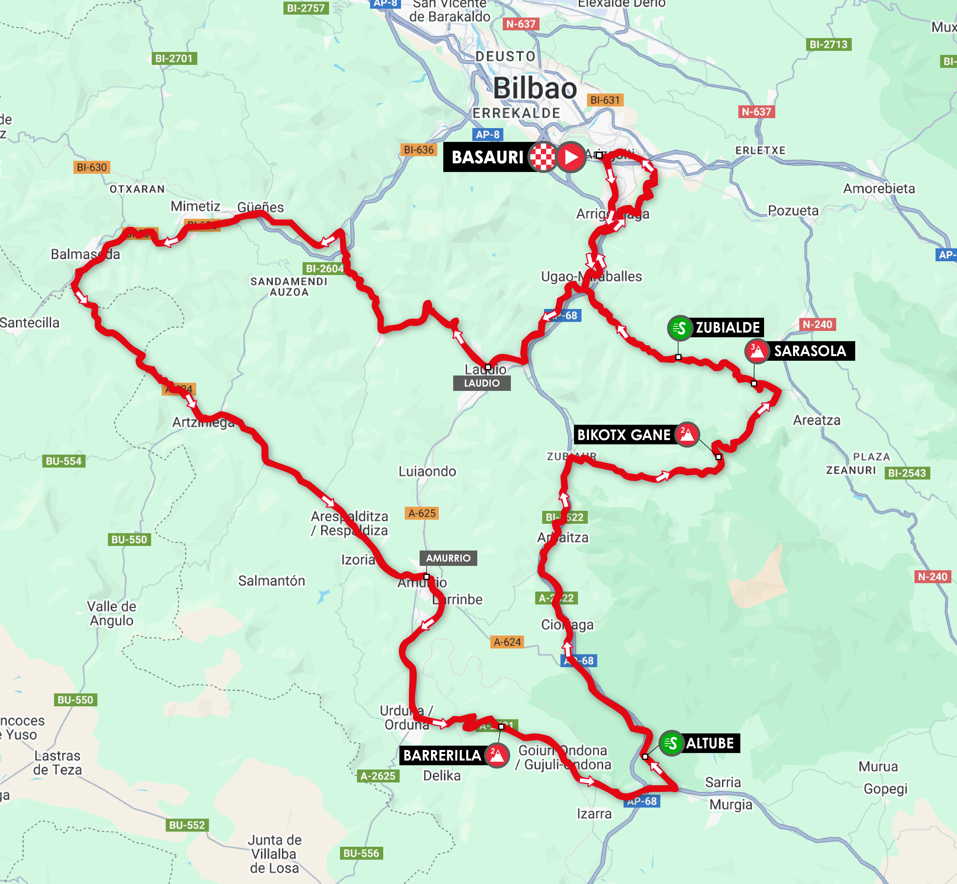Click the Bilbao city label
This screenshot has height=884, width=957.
click(x=535, y=88)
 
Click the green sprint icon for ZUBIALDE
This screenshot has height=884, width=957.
click(x=679, y=328)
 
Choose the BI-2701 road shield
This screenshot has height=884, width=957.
click(x=174, y=58)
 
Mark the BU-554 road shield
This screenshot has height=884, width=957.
click(x=64, y=461)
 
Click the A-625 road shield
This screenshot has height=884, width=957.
click(x=422, y=513)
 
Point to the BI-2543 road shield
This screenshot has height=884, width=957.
click(x=907, y=473)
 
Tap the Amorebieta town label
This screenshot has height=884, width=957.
click(x=879, y=188)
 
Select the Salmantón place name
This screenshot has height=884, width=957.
click(x=272, y=581)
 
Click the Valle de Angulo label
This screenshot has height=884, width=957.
click(x=111, y=613)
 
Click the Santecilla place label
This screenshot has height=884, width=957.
click(x=30, y=323)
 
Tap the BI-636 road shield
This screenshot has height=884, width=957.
click(x=419, y=150)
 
